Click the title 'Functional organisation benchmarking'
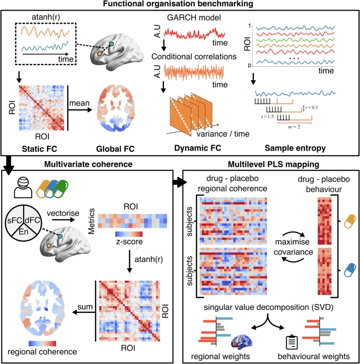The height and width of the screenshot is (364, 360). pyautogui.click(x=180, y=5)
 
